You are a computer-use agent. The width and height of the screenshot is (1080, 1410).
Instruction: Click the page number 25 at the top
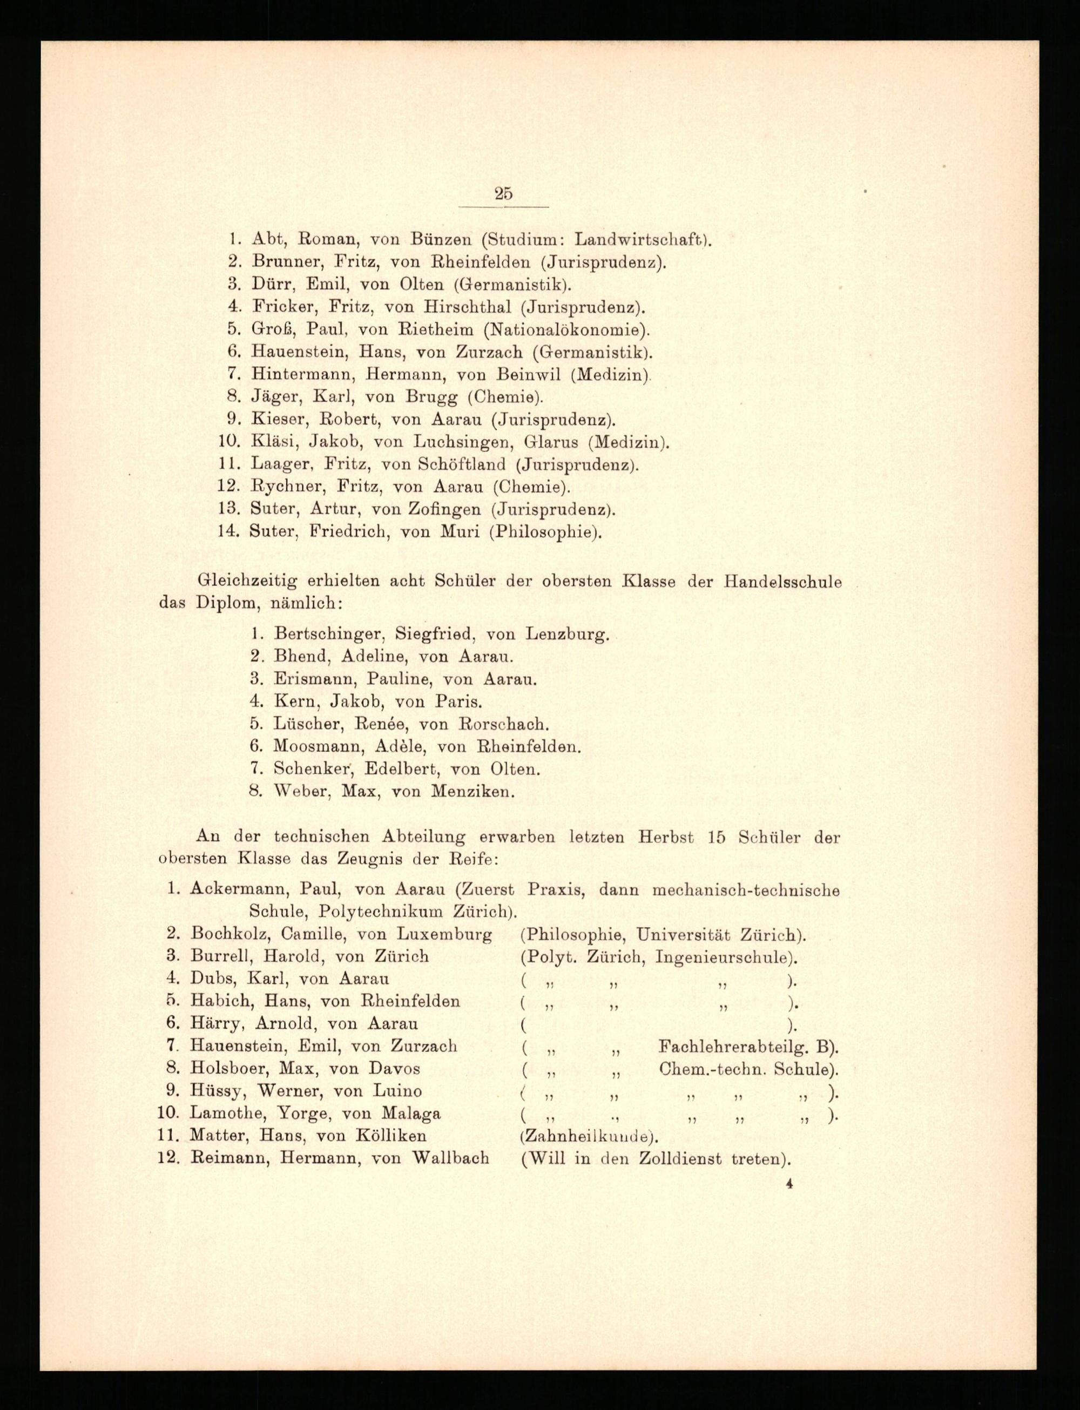503,193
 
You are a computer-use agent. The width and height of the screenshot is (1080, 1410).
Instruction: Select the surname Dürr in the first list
268,284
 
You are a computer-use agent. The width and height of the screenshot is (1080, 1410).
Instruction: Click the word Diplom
222,604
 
